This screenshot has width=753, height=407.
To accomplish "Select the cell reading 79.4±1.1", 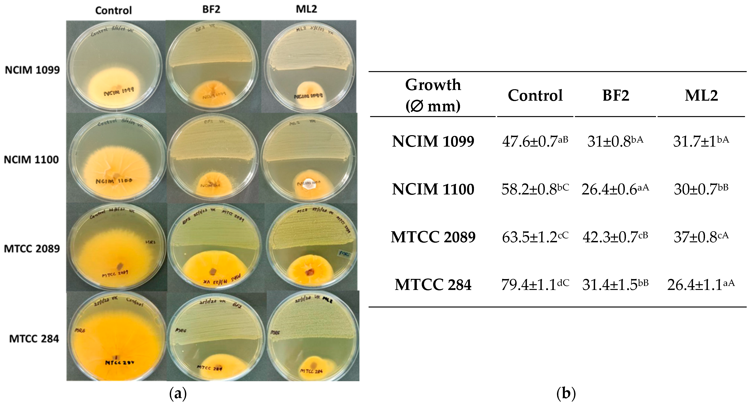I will tap(535, 285).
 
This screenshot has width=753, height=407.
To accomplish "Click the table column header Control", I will tap(535, 95).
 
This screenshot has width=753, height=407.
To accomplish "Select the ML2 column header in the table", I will tap(701, 95).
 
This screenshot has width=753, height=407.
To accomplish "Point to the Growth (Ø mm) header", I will tap(433, 95).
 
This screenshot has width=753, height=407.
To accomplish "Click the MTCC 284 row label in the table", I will tap(433, 285).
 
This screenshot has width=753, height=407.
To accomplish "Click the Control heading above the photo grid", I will tap(113, 10).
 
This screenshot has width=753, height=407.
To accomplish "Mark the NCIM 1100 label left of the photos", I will tap(31, 160).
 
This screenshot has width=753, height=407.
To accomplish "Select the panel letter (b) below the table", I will tap(566, 394).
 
